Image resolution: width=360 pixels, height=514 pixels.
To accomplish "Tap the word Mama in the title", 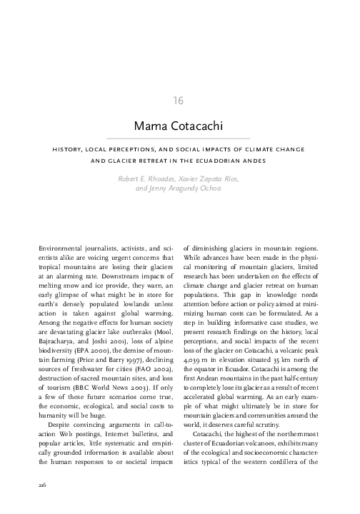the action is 148,126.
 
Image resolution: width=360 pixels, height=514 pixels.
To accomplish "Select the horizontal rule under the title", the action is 179,137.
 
